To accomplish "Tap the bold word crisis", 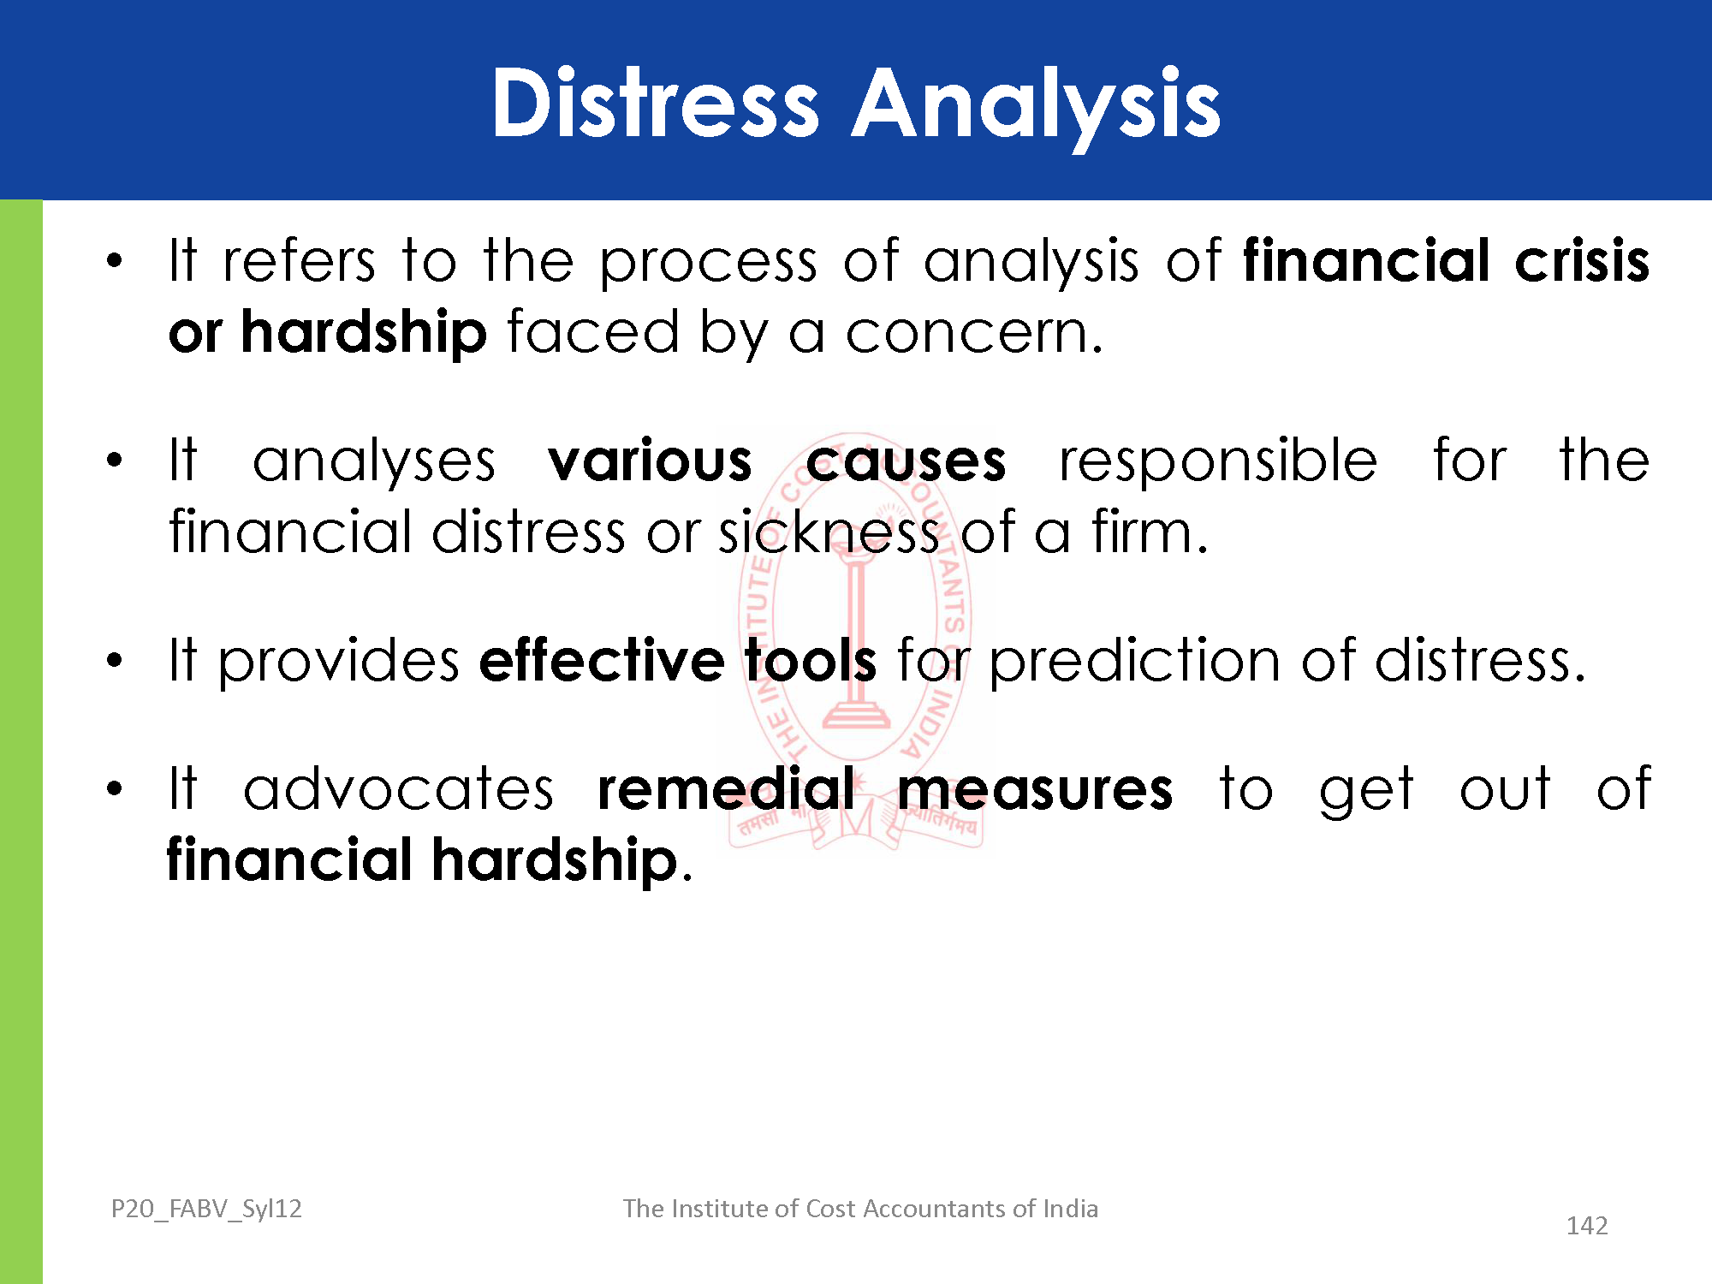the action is point(1582,260).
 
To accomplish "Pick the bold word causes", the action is point(906,462).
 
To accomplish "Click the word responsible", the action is point(1218,462).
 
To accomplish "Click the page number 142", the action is point(1587,1226).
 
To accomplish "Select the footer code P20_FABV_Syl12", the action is point(206,1209).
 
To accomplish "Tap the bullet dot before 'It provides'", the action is point(115,661).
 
